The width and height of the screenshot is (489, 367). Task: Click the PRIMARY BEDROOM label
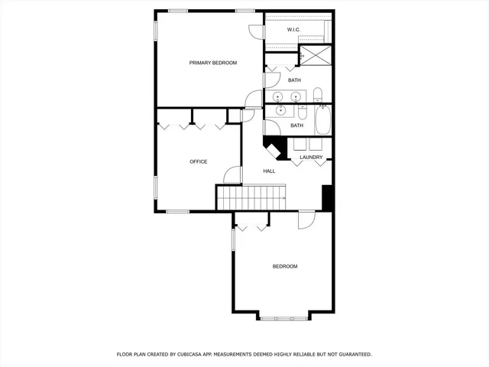pyautogui.click(x=213, y=63)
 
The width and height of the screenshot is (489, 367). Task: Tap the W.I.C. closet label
pyautogui.click(x=293, y=30)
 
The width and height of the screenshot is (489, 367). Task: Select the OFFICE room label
pyautogui.click(x=199, y=161)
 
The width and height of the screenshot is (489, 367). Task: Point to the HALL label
pyautogui.click(x=269, y=171)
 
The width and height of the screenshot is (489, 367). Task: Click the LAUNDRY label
pyautogui.click(x=310, y=158)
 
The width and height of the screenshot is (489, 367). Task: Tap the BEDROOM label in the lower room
pyautogui.click(x=285, y=266)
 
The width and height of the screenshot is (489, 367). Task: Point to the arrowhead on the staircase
pyautogui.click(x=284, y=199)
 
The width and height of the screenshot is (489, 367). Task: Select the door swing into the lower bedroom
pyautogui.click(x=306, y=219)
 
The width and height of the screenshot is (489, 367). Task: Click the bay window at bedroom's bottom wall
pyautogui.click(x=283, y=317)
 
